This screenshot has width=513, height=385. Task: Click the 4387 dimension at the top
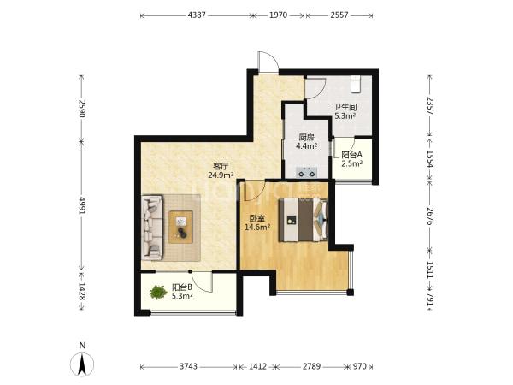point(197,15)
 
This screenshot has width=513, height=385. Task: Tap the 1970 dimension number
point(278,15)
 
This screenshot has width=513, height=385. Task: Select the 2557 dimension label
point(339,15)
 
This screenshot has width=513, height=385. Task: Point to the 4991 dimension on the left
point(82,206)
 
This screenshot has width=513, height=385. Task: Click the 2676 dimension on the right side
point(430,216)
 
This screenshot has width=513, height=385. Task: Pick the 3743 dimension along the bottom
point(188,366)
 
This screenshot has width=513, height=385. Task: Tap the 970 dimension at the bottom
point(360,366)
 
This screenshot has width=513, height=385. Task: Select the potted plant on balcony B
point(158,292)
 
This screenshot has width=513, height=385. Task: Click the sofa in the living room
point(152,228)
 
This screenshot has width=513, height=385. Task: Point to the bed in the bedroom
point(304,220)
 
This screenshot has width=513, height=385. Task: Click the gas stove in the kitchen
point(307,172)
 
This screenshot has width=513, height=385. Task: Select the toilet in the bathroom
point(356,85)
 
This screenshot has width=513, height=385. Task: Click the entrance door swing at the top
point(268,62)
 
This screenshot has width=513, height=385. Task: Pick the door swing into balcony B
point(202,281)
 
